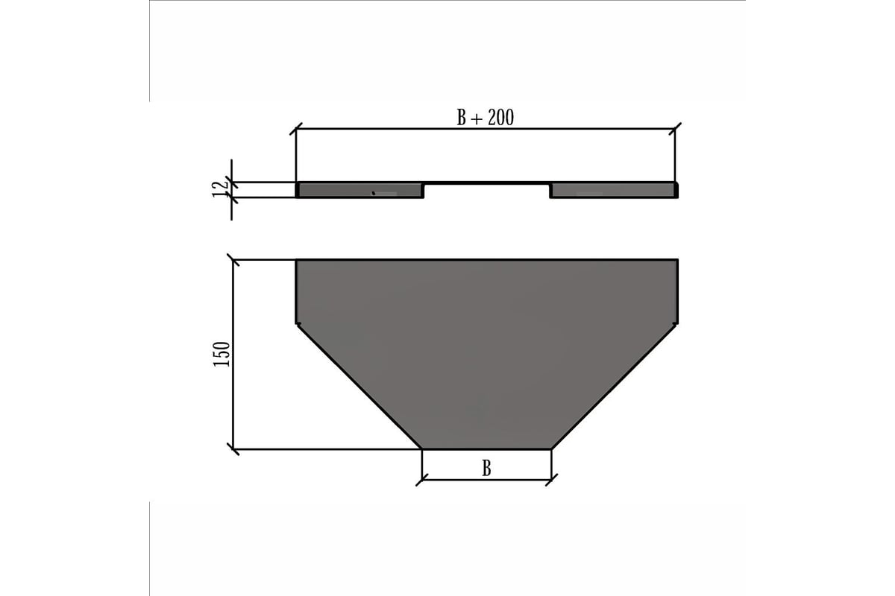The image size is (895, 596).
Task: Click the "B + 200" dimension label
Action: point(485,118)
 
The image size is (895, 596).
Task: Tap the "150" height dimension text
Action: point(222,354)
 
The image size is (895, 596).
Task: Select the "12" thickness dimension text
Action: point(220,189)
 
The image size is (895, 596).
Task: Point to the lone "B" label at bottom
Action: point(486,469)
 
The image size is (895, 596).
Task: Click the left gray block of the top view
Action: point(359,190)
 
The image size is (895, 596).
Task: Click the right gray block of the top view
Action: point(614,190)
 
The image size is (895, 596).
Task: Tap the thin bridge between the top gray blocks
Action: point(486,183)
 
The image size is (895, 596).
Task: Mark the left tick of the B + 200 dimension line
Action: point(295,129)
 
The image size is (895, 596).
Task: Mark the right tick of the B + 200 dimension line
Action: point(675,129)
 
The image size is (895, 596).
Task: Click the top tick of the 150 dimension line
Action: point(233,260)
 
